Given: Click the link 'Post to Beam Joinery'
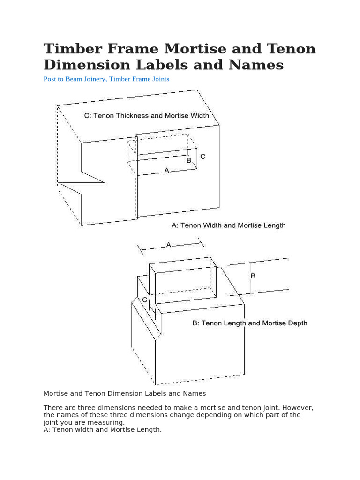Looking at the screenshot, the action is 75,79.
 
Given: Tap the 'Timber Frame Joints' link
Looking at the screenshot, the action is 139,79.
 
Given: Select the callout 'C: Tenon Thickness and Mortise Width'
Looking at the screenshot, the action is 146,115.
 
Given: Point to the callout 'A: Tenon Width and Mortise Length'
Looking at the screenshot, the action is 228,225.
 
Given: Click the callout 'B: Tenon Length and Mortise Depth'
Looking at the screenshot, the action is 250,323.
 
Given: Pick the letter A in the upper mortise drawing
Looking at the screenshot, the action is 166,171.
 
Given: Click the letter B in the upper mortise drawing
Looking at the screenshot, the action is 189,160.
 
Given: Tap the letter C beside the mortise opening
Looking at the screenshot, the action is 202,157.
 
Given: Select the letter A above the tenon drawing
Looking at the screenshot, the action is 168,245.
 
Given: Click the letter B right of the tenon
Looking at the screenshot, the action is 253,276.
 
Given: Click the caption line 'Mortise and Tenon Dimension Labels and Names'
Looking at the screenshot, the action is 125,393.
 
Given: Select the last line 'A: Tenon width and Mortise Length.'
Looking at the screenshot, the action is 102,429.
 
